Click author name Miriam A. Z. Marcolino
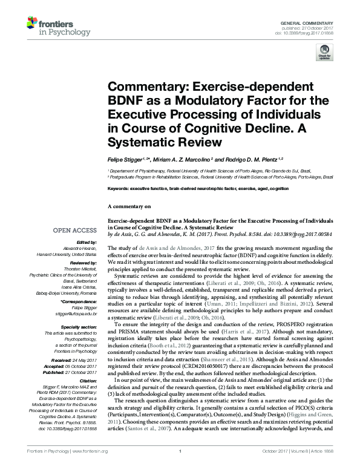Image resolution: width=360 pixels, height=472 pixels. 181,160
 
